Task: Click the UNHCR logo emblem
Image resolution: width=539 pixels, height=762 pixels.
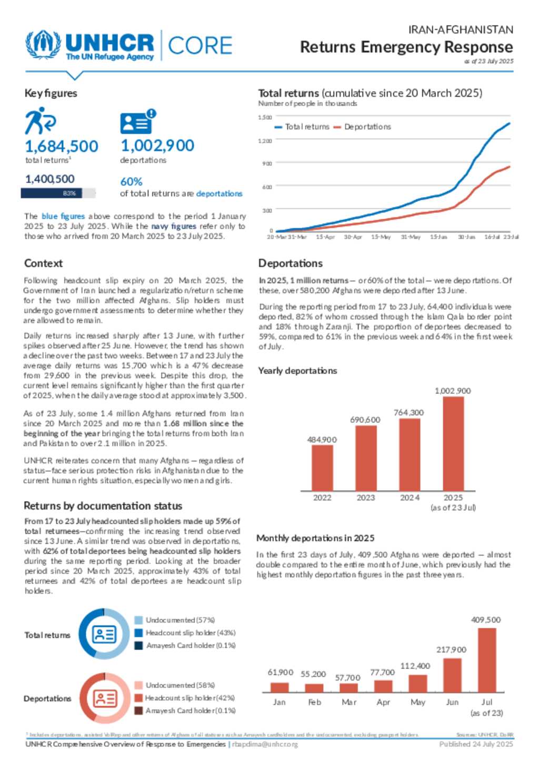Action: pyautogui.click(x=43, y=45)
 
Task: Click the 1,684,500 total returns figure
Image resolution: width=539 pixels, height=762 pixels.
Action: pyautogui.click(x=62, y=146)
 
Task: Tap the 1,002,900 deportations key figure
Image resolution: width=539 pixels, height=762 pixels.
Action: pyautogui.click(x=157, y=146)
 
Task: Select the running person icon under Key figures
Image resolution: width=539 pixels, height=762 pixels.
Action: pyautogui.click(x=40, y=121)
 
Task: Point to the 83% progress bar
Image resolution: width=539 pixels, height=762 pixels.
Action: pyautogui.click(x=58, y=194)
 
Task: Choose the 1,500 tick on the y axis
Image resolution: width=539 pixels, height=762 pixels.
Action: pyautogui.click(x=265, y=117)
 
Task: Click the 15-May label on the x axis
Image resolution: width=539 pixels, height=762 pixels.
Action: pyautogui.click(x=381, y=237)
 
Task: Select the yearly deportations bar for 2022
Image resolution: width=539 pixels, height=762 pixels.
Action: pyautogui.click(x=322, y=468)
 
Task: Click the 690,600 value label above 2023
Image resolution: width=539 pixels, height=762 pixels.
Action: pyautogui.click(x=365, y=420)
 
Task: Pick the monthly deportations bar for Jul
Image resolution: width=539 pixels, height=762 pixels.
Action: pyautogui.click(x=487, y=660)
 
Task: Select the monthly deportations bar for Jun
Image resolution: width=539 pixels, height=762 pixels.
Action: pyautogui.click(x=452, y=675)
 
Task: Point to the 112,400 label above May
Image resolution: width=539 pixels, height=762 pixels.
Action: pyautogui.click(x=415, y=666)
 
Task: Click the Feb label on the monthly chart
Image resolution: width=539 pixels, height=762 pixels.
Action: pyautogui.click(x=314, y=702)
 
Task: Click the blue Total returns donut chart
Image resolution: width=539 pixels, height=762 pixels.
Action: pyautogui.click(x=104, y=634)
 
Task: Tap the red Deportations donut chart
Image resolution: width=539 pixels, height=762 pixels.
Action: pyautogui.click(x=105, y=698)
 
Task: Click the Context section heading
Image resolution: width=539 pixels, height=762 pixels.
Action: pyautogui.click(x=43, y=263)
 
